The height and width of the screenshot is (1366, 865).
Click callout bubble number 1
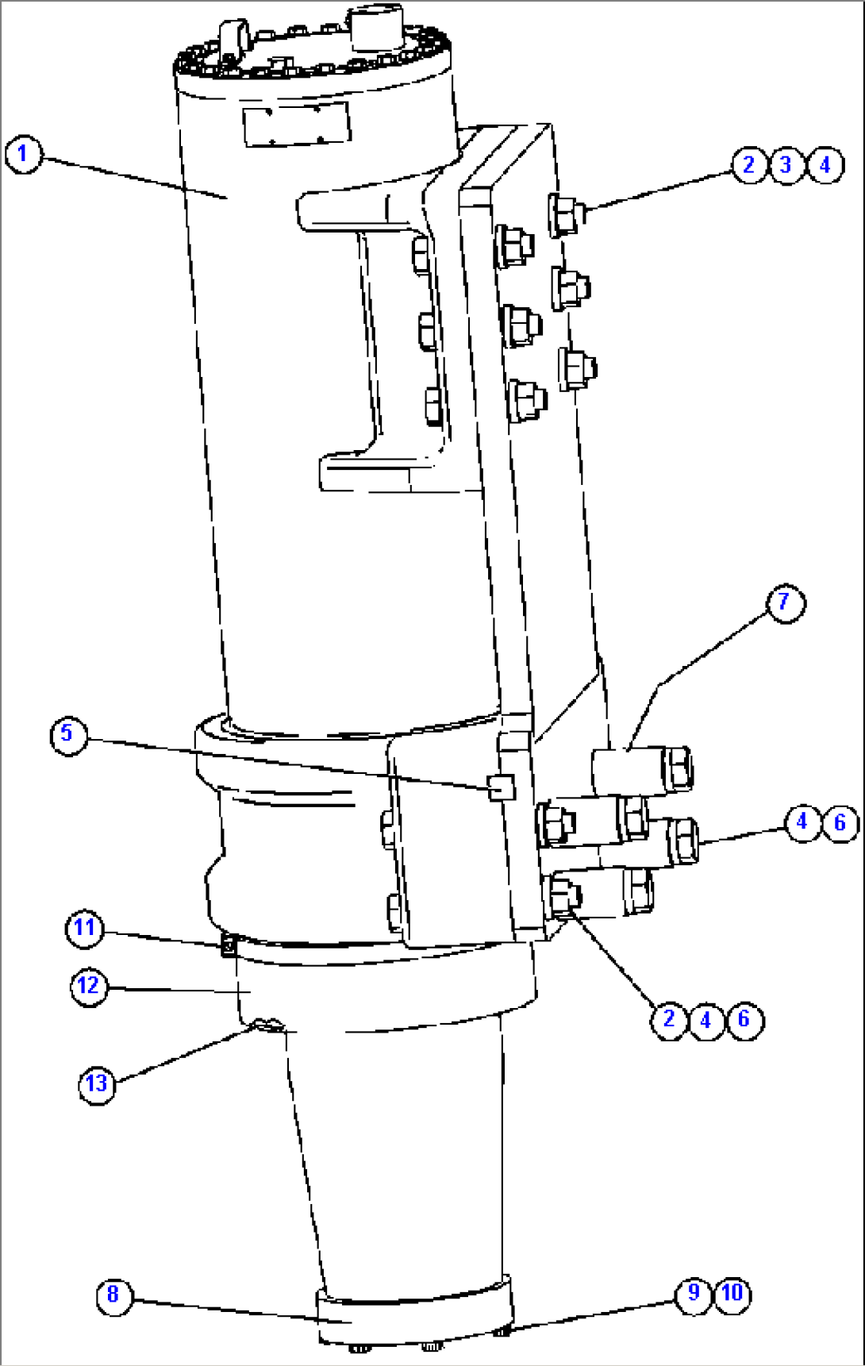coord(23,154)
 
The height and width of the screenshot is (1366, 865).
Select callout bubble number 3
coord(786,165)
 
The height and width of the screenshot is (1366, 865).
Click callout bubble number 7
coord(785,602)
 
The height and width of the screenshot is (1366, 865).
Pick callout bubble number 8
coord(113,1295)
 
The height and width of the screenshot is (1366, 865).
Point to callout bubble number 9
coord(694,1293)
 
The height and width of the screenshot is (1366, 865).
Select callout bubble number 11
coord(84,928)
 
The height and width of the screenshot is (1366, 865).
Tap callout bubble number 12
coord(88,987)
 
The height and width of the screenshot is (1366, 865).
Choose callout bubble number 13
coord(96,1083)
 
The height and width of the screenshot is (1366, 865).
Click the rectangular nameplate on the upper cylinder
coord(296,125)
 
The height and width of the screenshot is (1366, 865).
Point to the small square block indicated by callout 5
coord(502,787)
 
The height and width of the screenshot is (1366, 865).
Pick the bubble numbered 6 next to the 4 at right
coord(840,822)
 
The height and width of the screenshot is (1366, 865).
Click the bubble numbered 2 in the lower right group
coord(669,1018)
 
